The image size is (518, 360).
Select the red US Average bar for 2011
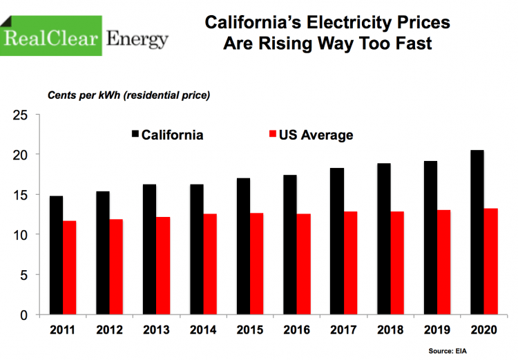(x=69, y=268)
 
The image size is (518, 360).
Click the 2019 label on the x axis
(x=437, y=331)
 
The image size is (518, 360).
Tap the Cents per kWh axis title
(x=128, y=94)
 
